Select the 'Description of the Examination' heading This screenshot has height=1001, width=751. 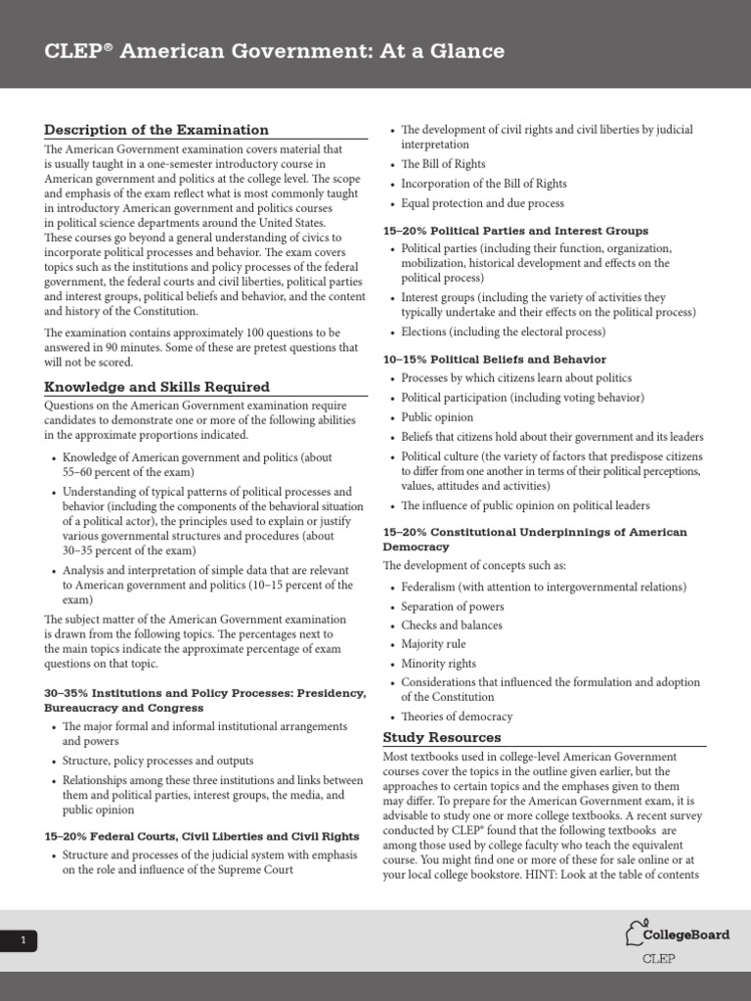click(156, 129)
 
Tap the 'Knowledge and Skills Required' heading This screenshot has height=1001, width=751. click(156, 386)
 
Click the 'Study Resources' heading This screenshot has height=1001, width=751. click(441, 737)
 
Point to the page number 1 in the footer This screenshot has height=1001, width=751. click(22, 940)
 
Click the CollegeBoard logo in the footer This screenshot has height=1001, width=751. click(677, 935)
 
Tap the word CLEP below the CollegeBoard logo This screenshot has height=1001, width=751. click(658, 958)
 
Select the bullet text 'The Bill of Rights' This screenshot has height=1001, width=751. click(443, 164)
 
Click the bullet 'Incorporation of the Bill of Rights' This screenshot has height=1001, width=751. click(483, 184)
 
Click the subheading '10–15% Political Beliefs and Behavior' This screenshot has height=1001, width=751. click(494, 360)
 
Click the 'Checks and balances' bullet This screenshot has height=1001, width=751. click(452, 626)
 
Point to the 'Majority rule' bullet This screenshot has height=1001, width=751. click(433, 644)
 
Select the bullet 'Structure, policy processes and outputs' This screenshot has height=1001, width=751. click(157, 761)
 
